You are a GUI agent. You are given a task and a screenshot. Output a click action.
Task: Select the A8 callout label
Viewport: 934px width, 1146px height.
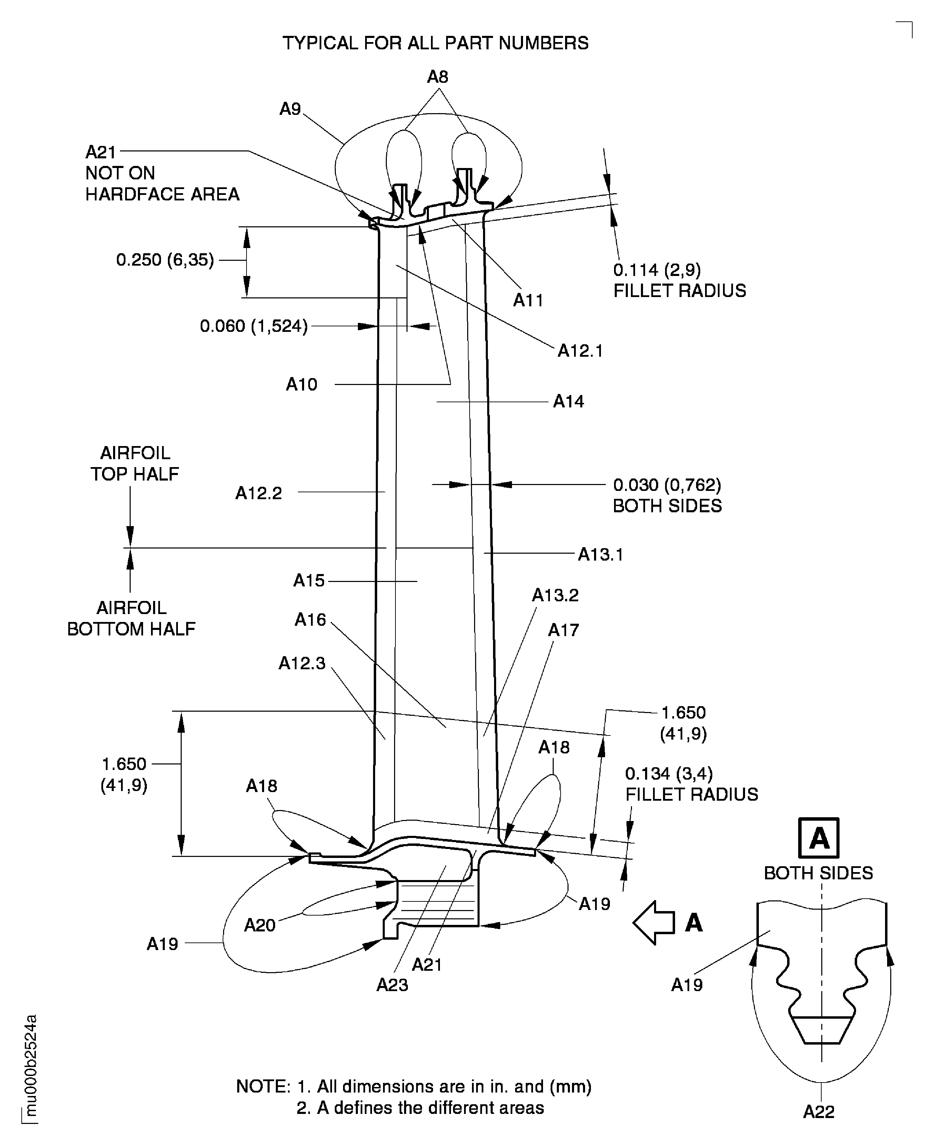coord(438,77)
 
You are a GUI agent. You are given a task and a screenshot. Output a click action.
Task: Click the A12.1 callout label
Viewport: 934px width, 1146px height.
coord(580,351)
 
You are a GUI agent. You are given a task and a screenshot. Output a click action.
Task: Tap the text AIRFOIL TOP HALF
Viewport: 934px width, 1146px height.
coord(134,463)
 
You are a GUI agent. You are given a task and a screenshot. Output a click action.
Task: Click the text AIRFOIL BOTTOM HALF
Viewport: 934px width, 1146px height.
coord(131,618)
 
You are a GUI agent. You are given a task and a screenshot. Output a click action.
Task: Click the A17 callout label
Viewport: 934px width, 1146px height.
coord(563,630)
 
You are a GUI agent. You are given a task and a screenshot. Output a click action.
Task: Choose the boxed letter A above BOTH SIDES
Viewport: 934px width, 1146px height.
coord(818,838)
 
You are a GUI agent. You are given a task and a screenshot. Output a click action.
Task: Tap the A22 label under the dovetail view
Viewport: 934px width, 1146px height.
coord(818,1112)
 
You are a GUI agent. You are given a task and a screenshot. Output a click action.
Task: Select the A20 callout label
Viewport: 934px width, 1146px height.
coord(260,925)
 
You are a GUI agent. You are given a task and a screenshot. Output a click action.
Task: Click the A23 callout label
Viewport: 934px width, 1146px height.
coord(392,985)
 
